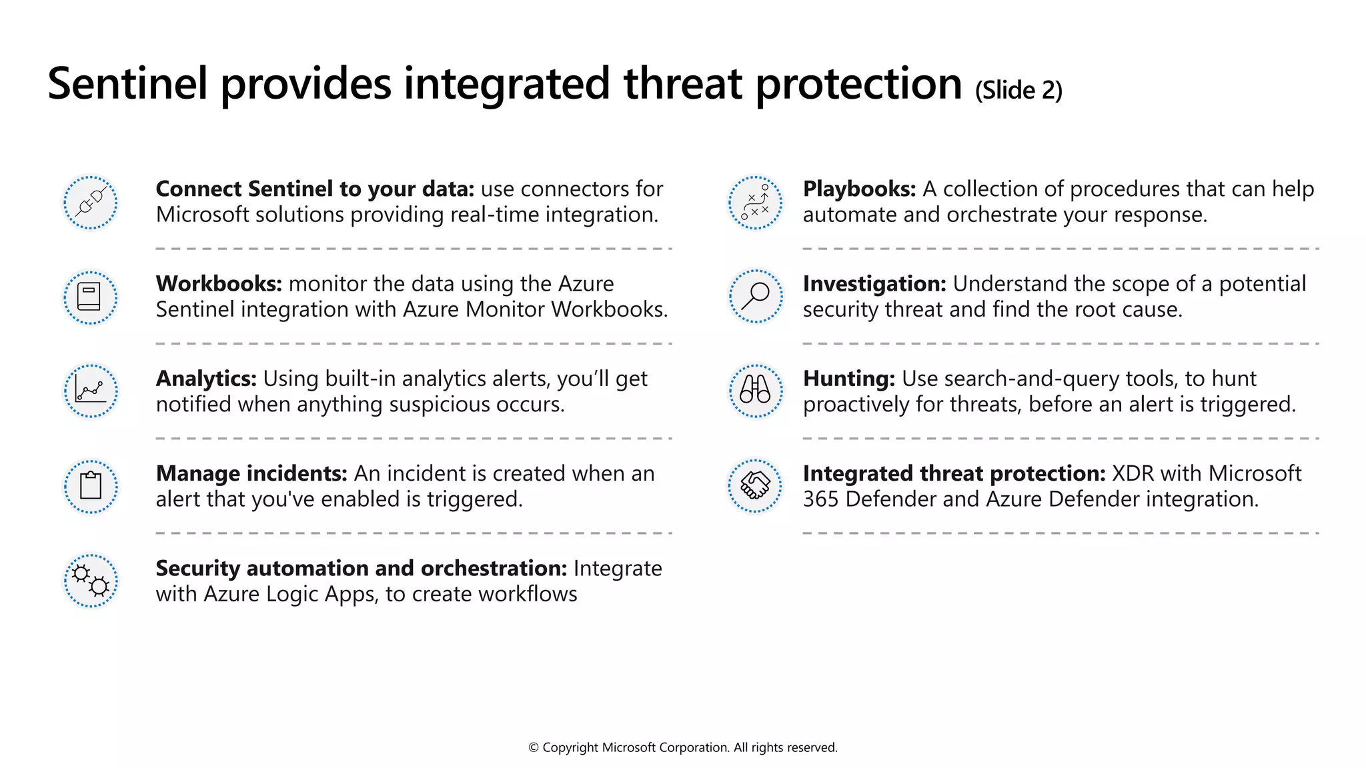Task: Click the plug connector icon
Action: click(91, 202)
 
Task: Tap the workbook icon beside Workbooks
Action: click(91, 297)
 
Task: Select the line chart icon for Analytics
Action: click(91, 391)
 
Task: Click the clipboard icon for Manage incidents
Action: click(91, 486)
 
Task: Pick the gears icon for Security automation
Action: click(91, 581)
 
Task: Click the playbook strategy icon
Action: click(755, 202)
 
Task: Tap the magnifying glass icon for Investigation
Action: click(755, 297)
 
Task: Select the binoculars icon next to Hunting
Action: click(755, 391)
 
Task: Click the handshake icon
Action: click(755, 485)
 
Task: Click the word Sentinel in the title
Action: click(127, 84)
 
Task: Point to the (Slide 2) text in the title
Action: click(1018, 90)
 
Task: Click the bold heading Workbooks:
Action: click(219, 284)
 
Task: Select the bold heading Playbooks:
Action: click(859, 189)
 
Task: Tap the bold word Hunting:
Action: click(848, 379)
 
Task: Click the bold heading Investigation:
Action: click(874, 284)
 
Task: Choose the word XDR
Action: click(1133, 473)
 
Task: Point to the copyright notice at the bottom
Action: click(682, 747)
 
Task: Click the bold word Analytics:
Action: click(206, 379)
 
